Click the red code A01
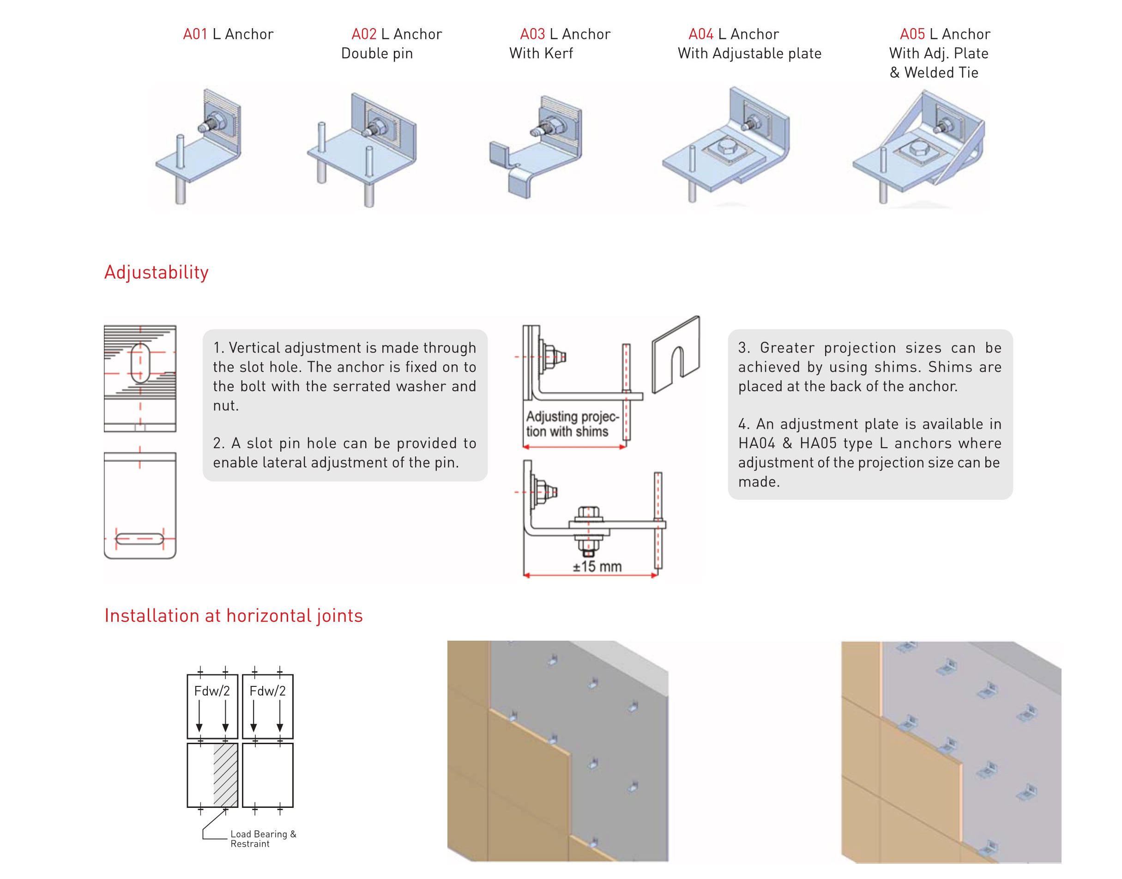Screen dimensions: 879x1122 click(x=195, y=34)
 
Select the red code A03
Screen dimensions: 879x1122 click(x=532, y=34)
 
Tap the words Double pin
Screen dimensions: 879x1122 click(x=377, y=54)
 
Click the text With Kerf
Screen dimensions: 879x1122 click(x=541, y=54)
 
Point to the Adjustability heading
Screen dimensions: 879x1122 click(x=157, y=272)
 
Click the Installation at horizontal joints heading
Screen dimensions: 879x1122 click(x=234, y=616)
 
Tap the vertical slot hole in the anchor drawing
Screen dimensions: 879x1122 click(x=140, y=364)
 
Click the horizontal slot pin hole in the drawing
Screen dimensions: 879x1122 click(x=139, y=539)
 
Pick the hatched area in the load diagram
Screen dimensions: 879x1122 click(x=225, y=775)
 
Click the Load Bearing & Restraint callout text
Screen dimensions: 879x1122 click(x=263, y=838)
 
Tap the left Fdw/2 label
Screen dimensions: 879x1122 click(x=212, y=691)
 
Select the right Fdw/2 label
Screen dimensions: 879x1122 click(x=267, y=691)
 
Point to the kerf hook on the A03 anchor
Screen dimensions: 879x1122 click(x=499, y=153)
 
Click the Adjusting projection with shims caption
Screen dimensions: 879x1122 click(x=571, y=424)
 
